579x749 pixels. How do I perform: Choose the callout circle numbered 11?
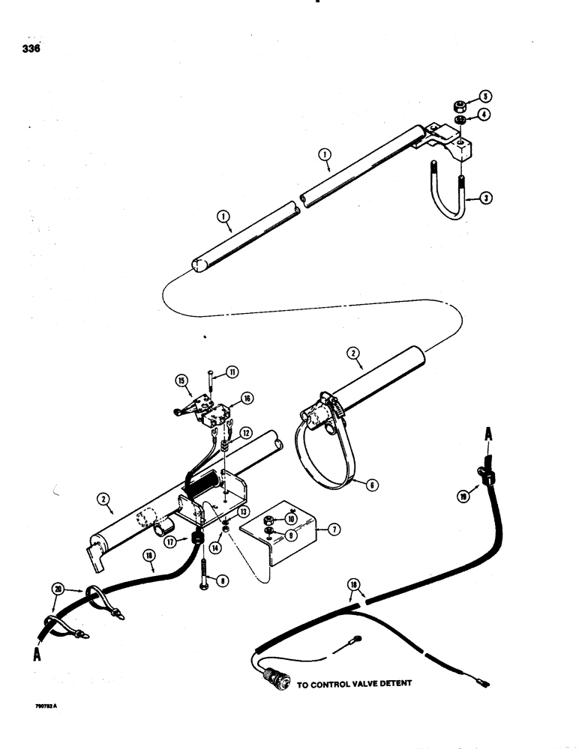pyautogui.click(x=212, y=372)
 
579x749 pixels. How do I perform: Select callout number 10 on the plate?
pyautogui.click(x=291, y=518)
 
